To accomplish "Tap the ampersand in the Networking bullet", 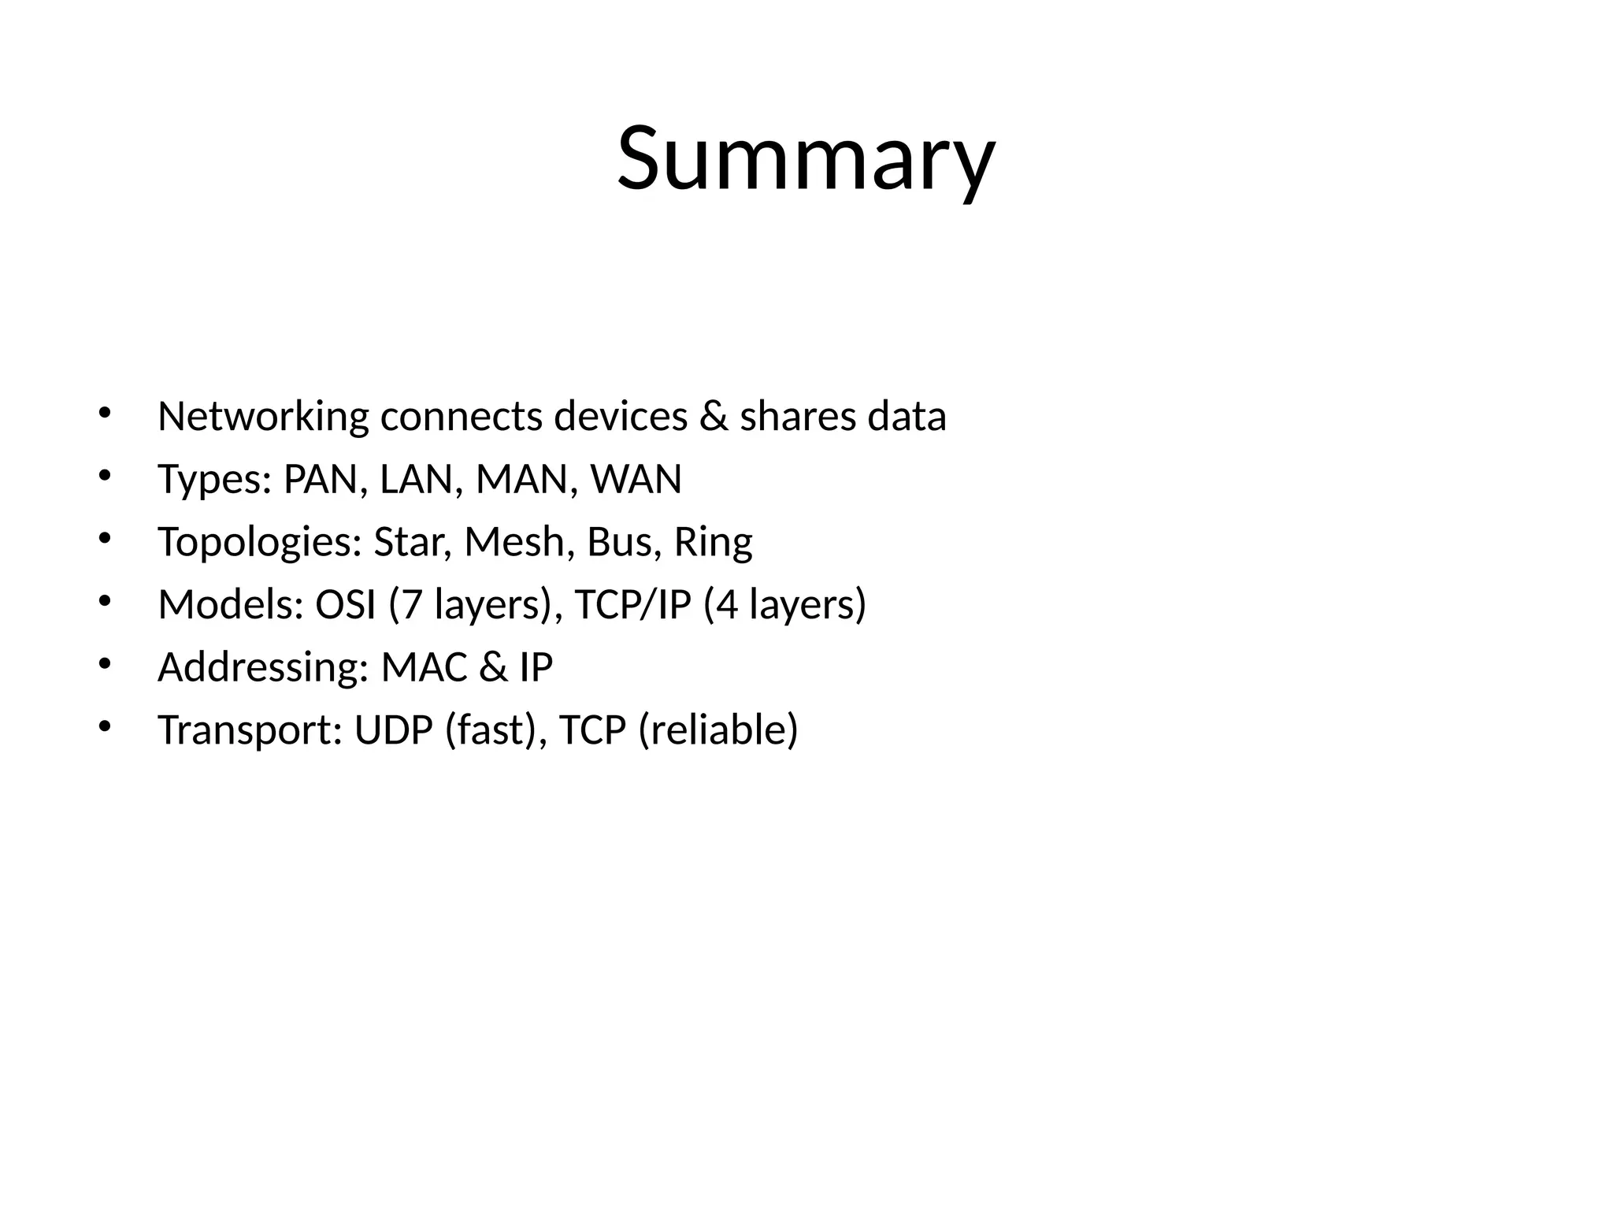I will pos(714,417).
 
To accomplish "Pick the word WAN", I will pos(636,479).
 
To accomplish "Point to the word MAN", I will pos(520,479).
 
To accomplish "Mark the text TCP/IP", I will pos(632,605).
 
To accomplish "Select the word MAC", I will pos(425,668).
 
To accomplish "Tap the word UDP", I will pos(394,730).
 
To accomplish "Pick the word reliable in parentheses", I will pos(718,730).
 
